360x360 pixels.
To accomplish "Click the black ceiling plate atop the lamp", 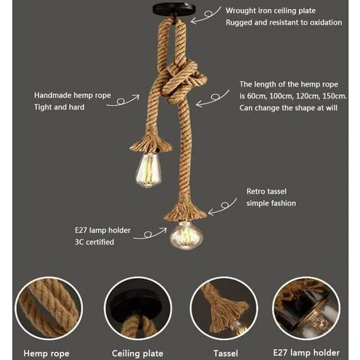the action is pyautogui.click(x=174, y=10).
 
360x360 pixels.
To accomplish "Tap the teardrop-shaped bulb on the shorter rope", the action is pyautogui.click(x=149, y=170).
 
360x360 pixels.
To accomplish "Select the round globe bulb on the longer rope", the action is pyautogui.click(x=186, y=235).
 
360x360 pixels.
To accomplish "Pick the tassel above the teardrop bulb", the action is pyautogui.click(x=151, y=144).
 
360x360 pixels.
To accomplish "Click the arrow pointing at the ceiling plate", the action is pyautogui.click(x=206, y=15).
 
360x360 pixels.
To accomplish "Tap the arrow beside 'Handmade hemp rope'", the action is pyautogui.click(x=123, y=100).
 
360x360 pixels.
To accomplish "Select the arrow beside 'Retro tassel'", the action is pyautogui.click(x=223, y=206).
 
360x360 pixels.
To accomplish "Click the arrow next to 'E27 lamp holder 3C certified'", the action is pyautogui.click(x=150, y=234).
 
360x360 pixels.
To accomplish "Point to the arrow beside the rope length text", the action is pyautogui.click(x=213, y=98).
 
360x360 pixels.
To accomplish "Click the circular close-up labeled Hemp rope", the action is pyautogui.click(x=49, y=309).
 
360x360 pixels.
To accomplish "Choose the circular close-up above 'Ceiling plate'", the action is pyautogui.click(x=138, y=309).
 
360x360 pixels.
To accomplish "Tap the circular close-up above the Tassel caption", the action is pyautogui.click(x=224, y=309).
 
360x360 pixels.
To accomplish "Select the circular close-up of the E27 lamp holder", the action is pyautogui.click(x=306, y=309).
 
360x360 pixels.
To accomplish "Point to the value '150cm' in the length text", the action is pyautogui.click(x=334, y=97).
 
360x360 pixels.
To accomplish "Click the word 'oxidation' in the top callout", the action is pyautogui.click(x=326, y=22).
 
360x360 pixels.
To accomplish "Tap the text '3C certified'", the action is pyautogui.click(x=94, y=242).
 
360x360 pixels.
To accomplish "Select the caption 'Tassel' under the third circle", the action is pyautogui.click(x=226, y=354).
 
